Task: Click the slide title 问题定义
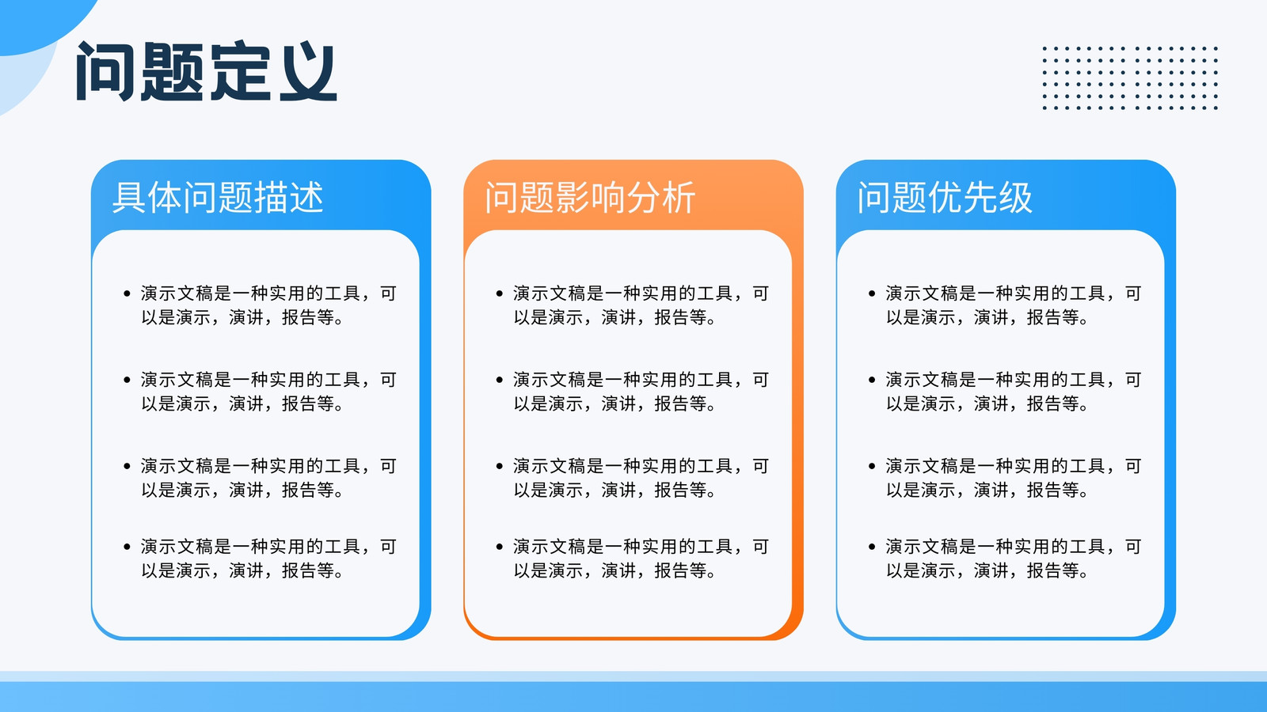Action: (x=207, y=71)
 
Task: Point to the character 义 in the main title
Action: (x=308, y=71)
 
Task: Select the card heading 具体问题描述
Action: (x=218, y=197)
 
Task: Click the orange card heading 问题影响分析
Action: (x=590, y=197)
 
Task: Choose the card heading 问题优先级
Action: (x=945, y=197)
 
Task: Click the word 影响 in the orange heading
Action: (x=590, y=197)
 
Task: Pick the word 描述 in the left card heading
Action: (x=288, y=197)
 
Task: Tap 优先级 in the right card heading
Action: (x=980, y=197)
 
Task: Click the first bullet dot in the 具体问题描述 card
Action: (x=127, y=294)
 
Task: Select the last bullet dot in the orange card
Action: (x=499, y=547)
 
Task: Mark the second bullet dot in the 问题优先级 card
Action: (x=872, y=380)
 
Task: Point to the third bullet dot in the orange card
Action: (x=499, y=466)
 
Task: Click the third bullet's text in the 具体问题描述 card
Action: (x=268, y=478)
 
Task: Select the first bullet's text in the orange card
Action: (x=641, y=305)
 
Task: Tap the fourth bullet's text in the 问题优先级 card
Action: (x=1013, y=559)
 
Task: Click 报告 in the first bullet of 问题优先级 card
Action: (x=1044, y=317)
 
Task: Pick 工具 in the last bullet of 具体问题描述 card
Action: (x=342, y=547)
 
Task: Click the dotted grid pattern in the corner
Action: (x=1130, y=78)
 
